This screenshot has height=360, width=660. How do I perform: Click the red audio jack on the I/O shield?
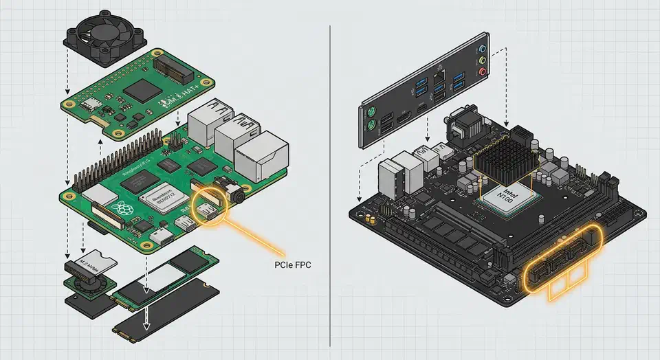485,71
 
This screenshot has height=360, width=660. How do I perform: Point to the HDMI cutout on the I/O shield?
402,113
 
